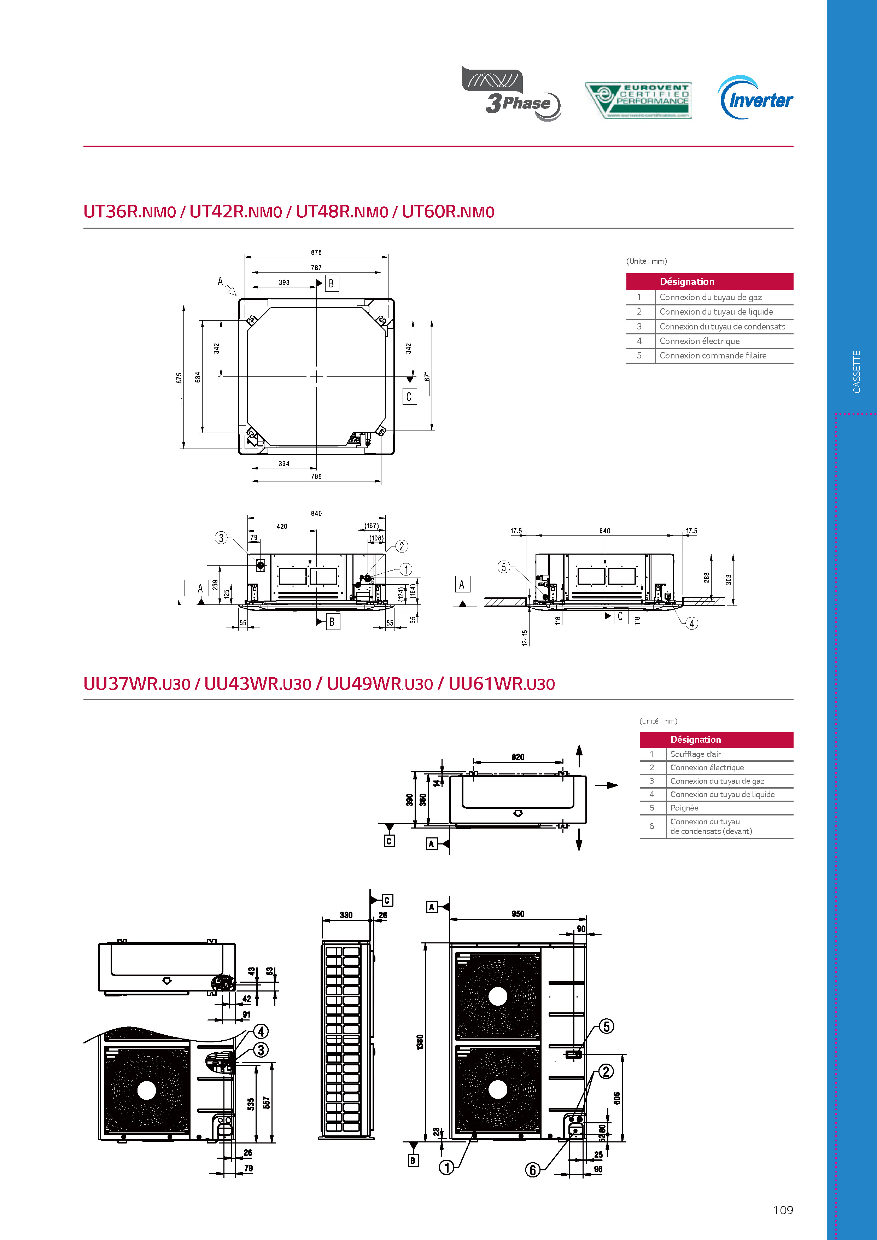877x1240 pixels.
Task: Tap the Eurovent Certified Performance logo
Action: (x=638, y=100)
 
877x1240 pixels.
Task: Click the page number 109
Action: (x=783, y=1210)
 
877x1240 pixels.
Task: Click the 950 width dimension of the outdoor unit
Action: (x=518, y=914)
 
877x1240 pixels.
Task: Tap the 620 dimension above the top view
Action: (x=518, y=757)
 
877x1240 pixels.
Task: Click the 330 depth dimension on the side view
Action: (x=346, y=915)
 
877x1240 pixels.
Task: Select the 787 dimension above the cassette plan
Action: (x=316, y=267)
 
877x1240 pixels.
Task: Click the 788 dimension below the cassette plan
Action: (x=316, y=476)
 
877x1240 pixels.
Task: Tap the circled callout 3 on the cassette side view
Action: (x=221, y=538)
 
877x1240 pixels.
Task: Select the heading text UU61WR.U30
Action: (x=501, y=684)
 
